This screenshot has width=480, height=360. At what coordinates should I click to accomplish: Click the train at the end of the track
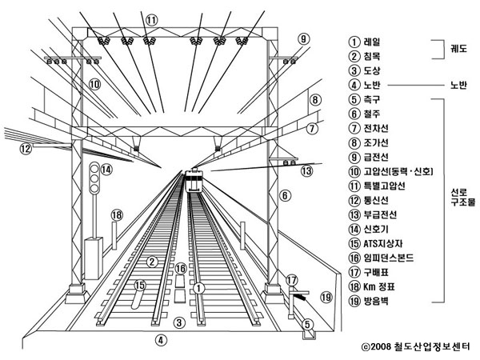tap(194, 181)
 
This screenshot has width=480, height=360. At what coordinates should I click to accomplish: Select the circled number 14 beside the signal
tap(106, 169)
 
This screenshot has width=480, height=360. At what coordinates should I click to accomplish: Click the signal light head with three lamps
tap(94, 177)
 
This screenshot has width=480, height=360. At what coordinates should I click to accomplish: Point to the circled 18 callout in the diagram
tap(117, 215)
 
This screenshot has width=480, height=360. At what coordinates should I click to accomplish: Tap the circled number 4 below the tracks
tap(161, 339)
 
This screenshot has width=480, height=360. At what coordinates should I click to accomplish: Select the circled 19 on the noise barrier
tap(326, 298)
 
